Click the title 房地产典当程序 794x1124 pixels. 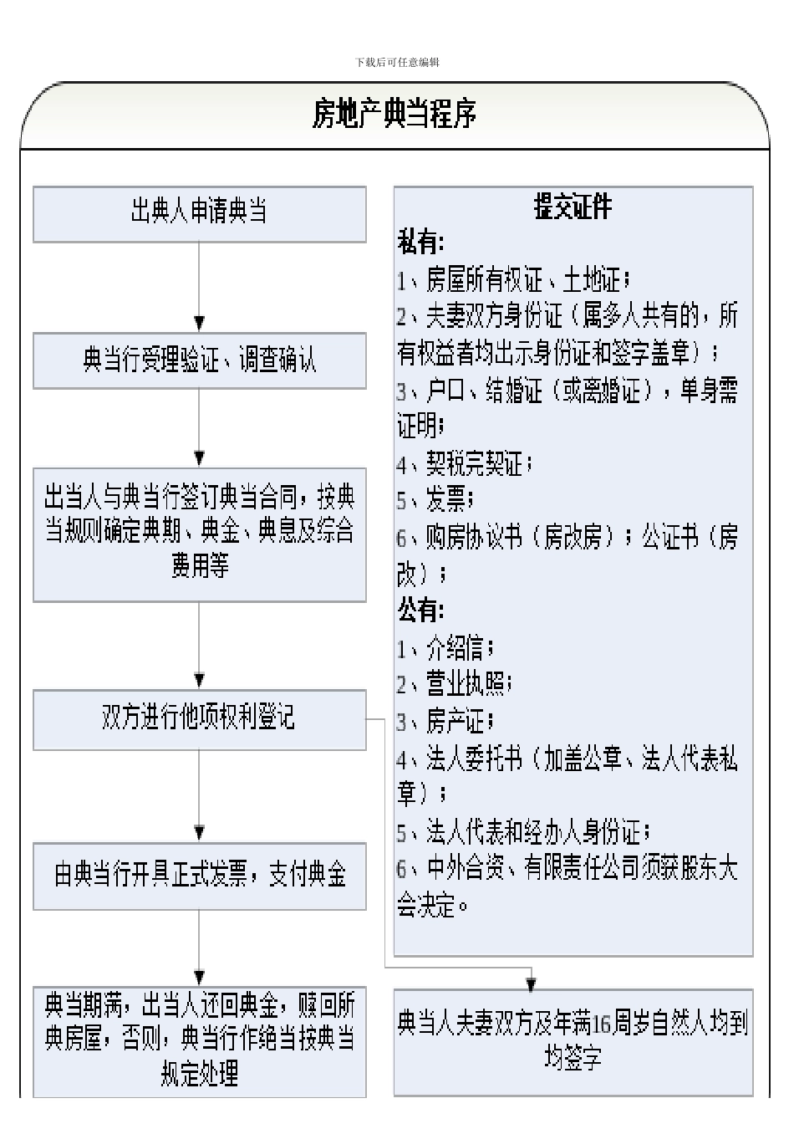click(x=394, y=114)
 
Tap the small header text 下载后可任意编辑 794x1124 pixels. click(x=397, y=62)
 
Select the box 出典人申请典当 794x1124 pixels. click(x=200, y=215)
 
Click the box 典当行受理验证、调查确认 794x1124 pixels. click(x=200, y=360)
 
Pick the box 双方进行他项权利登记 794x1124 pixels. click(x=200, y=719)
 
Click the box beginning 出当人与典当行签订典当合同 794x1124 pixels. click(x=200, y=535)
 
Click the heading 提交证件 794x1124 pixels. click(x=573, y=207)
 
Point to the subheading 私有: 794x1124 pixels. click(x=420, y=242)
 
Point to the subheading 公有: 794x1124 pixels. click(x=420, y=611)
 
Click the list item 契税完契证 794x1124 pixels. click(x=464, y=463)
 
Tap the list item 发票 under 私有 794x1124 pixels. click(x=435, y=500)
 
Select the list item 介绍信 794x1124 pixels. click(x=445, y=647)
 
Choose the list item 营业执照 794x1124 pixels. click(x=454, y=684)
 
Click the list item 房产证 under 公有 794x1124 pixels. click(x=445, y=721)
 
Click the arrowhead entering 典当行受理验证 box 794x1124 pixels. click(x=199, y=324)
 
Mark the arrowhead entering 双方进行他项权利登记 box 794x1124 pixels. click(x=199, y=682)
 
